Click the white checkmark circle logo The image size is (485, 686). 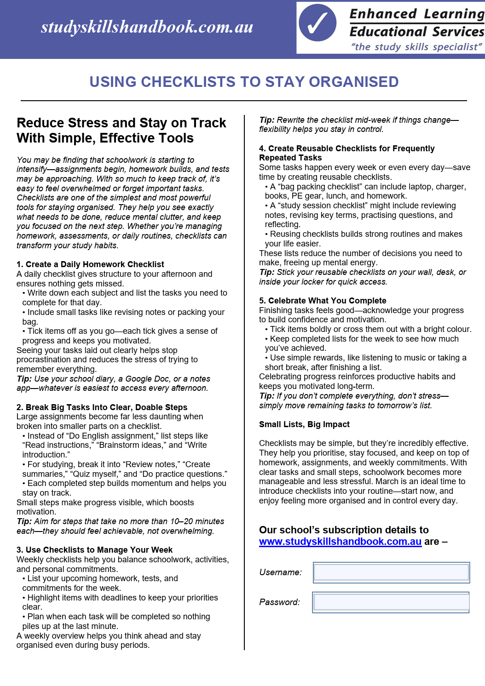pos(317,23)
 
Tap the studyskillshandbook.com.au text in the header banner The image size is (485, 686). pos(147,27)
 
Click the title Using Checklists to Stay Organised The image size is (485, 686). pos(244,82)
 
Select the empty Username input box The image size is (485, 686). pos(391,572)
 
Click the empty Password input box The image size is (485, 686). pos(391,602)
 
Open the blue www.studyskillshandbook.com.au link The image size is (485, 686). pos(340,542)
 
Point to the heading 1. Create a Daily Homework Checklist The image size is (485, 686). pos(90,264)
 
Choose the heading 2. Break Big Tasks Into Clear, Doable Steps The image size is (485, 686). pos(102,407)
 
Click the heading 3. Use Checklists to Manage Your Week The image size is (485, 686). pos(94,550)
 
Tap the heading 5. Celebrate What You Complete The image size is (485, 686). pos(323,301)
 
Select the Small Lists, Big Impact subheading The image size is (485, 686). pos(304,424)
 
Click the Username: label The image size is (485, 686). pos(280,572)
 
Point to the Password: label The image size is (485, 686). pos(279,602)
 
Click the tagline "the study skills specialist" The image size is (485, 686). pos(416,47)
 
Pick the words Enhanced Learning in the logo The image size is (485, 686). pos(416,14)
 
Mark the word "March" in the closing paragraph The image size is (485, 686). pos(387,481)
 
